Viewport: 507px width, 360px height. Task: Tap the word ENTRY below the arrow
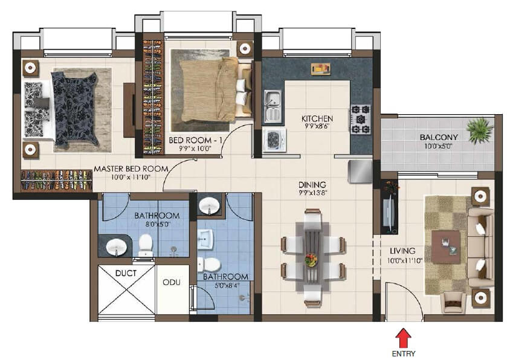click(404, 354)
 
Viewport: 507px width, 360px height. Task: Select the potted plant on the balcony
click(479, 130)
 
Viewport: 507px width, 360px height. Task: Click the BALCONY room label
click(439, 137)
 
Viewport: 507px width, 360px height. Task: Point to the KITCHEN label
click(317, 118)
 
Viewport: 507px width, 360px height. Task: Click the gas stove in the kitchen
click(361, 120)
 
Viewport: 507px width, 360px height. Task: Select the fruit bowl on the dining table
click(311, 260)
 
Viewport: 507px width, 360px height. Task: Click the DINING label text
click(312, 185)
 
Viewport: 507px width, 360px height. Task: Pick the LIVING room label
click(402, 251)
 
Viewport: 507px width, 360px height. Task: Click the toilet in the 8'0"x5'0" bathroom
click(146, 243)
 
